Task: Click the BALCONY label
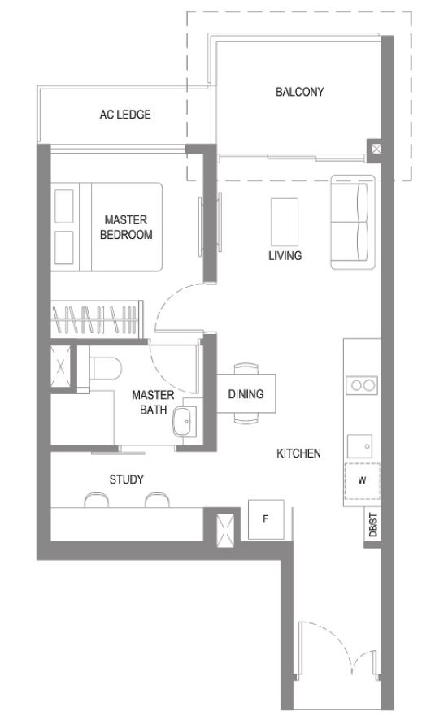point(299,92)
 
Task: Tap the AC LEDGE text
point(125,115)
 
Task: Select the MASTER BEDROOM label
point(126,228)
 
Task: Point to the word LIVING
point(285,256)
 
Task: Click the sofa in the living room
point(352,222)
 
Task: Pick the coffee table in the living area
point(285,222)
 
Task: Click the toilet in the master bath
point(106,368)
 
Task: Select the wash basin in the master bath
point(185,421)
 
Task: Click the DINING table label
point(246,394)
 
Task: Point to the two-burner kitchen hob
point(362,385)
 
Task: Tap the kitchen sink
point(359,446)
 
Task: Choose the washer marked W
point(362,481)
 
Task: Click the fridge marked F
point(266,519)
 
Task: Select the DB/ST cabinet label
point(372,525)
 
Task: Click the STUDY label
point(126,479)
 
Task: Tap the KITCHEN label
point(298,453)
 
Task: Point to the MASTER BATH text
point(153,402)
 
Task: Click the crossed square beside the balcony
point(376,149)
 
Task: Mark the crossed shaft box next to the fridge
point(225,531)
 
